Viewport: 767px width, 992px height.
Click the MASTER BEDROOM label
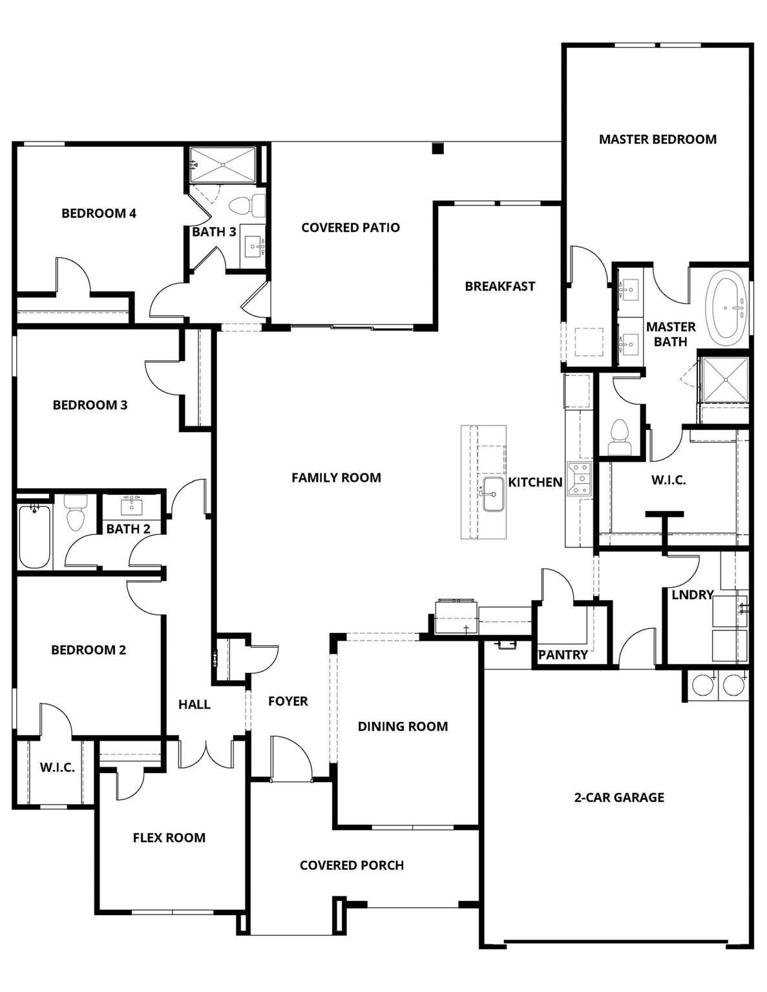(x=657, y=139)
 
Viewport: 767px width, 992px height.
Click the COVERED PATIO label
(x=350, y=227)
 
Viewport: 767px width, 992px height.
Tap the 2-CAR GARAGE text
(x=619, y=798)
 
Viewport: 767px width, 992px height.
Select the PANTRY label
(x=563, y=655)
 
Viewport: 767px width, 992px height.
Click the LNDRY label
(x=692, y=595)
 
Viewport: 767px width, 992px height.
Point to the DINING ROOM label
(x=403, y=727)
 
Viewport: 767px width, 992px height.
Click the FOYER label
(x=288, y=701)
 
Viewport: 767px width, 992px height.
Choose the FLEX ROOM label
(x=169, y=838)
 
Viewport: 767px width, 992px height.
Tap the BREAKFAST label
(x=499, y=286)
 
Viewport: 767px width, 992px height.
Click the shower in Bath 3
(x=223, y=165)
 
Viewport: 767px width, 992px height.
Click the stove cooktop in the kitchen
(x=579, y=479)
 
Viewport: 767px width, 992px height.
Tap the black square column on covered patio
(x=438, y=149)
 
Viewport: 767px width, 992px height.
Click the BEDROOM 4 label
(x=99, y=213)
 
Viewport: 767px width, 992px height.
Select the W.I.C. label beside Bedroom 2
(x=57, y=767)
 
